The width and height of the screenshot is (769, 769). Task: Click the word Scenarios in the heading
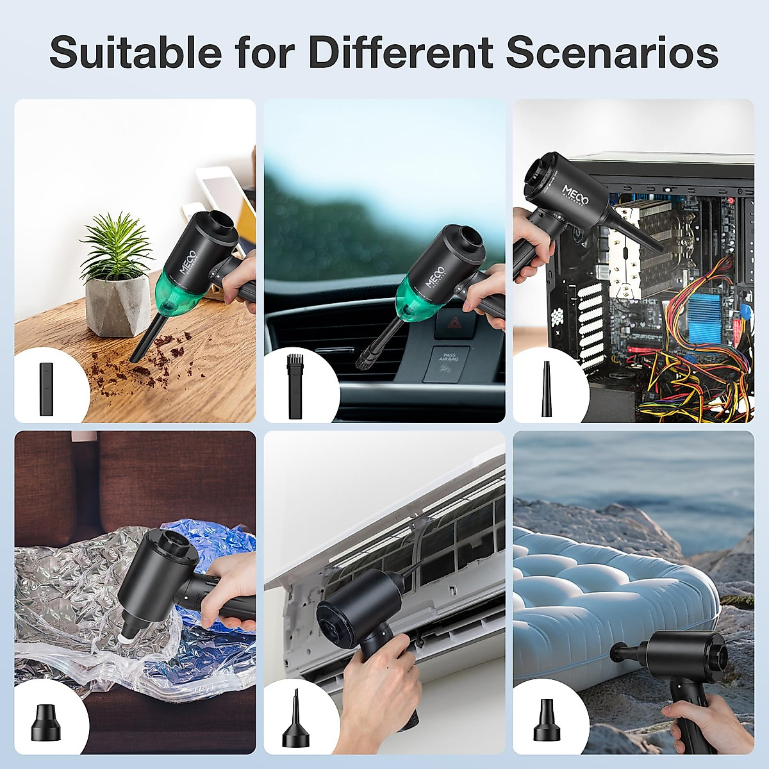click(611, 52)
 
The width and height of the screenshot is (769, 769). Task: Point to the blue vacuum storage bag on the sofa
click(211, 634)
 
